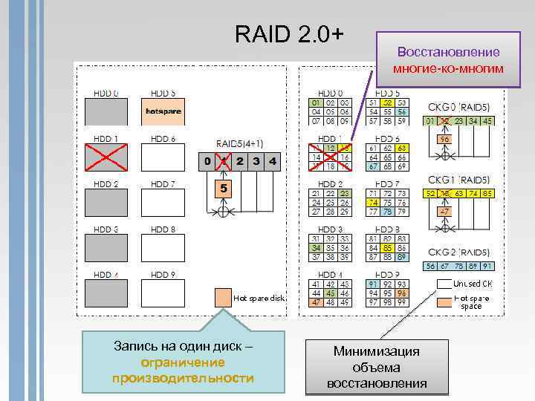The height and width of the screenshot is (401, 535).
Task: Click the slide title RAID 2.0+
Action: tap(289, 33)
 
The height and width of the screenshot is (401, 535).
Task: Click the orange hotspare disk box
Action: tap(163, 111)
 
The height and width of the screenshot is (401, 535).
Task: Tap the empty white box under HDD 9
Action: tap(163, 293)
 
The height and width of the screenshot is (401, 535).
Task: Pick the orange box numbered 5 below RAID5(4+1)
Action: tap(221, 189)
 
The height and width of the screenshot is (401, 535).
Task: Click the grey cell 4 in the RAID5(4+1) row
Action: tap(273, 160)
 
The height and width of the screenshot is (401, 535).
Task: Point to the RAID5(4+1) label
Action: tap(239, 143)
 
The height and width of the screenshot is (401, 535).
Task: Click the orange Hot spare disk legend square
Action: tap(221, 298)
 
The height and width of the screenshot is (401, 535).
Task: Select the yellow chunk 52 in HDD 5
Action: tap(387, 102)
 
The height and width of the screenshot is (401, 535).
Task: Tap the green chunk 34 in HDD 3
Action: tap(316, 247)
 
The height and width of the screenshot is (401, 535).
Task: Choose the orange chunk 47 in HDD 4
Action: tap(316, 302)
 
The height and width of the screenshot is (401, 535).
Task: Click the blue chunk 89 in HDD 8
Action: tap(401, 257)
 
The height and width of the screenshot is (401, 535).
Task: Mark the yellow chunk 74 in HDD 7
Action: tap(373, 202)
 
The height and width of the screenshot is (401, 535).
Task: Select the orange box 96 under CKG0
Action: tap(444, 139)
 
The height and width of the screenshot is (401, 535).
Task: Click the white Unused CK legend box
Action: tap(444, 283)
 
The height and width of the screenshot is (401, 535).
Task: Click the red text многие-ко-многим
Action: tap(447, 68)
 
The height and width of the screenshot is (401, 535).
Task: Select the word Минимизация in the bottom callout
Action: tap(377, 351)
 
